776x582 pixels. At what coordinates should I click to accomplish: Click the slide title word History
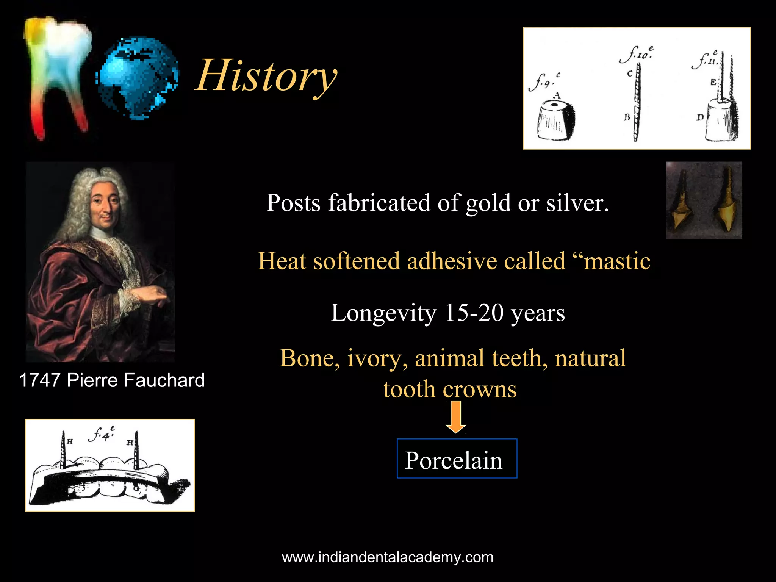click(x=266, y=76)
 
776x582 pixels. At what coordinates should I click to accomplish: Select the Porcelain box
click(x=457, y=459)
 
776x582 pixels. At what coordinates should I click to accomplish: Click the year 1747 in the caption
click(x=40, y=380)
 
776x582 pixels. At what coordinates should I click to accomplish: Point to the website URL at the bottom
click(x=388, y=557)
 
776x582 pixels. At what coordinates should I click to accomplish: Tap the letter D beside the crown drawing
click(x=699, y=117)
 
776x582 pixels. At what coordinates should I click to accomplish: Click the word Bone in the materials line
click(x=309, y=358)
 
